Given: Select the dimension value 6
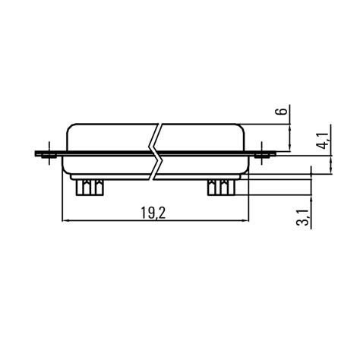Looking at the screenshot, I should (x=282, y=112).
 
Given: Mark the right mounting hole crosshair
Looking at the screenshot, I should (x=262, y=154).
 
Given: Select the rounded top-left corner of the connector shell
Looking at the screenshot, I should (x=70, y=127).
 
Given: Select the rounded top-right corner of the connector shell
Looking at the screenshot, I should (x=243, y=127).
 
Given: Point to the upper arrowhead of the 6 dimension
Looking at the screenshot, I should (x=292, y=127).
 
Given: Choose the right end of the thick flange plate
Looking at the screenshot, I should (x=276, y=155).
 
